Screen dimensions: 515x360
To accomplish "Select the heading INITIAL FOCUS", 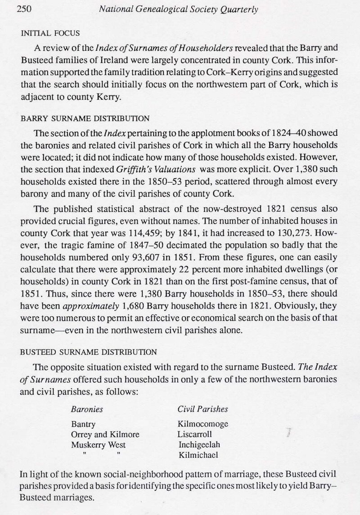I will tap(50, 33).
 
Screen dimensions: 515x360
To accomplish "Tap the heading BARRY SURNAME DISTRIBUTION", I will tap(85, 119).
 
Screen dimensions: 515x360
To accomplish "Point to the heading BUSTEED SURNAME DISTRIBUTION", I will tap(89, 352).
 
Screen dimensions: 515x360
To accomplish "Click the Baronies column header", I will tap(87, 409).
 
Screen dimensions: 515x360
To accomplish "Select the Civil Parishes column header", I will tap(202, 409).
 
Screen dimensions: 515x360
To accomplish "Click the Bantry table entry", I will tap(83, 424).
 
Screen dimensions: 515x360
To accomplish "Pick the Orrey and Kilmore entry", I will tap(105, 434).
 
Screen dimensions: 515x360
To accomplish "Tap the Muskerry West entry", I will tap(99, 445).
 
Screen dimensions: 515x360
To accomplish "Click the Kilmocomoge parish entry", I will tap(203, 424).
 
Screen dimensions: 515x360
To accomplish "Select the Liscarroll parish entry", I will tap(194, 434).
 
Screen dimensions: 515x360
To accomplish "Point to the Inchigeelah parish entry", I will tap(199, 445).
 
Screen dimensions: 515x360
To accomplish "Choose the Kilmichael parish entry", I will tap(198, 455).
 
